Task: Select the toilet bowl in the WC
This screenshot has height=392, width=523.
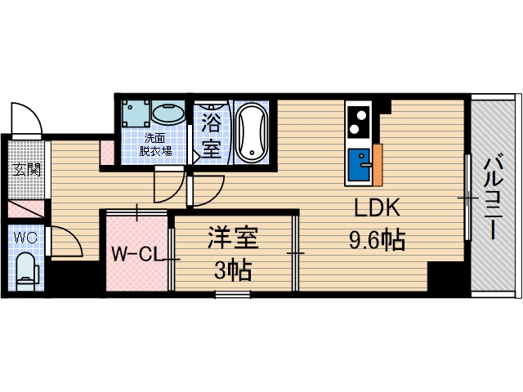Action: pyautogui.click(x=26, y=269)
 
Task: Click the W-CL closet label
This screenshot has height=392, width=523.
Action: pyautogui.click(x=135, y=253)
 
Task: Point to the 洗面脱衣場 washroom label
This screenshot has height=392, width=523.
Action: pyautogui.click(x=154, y=144)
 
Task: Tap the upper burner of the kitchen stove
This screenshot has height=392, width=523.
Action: pyautogui.click(x=358, y=114)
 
